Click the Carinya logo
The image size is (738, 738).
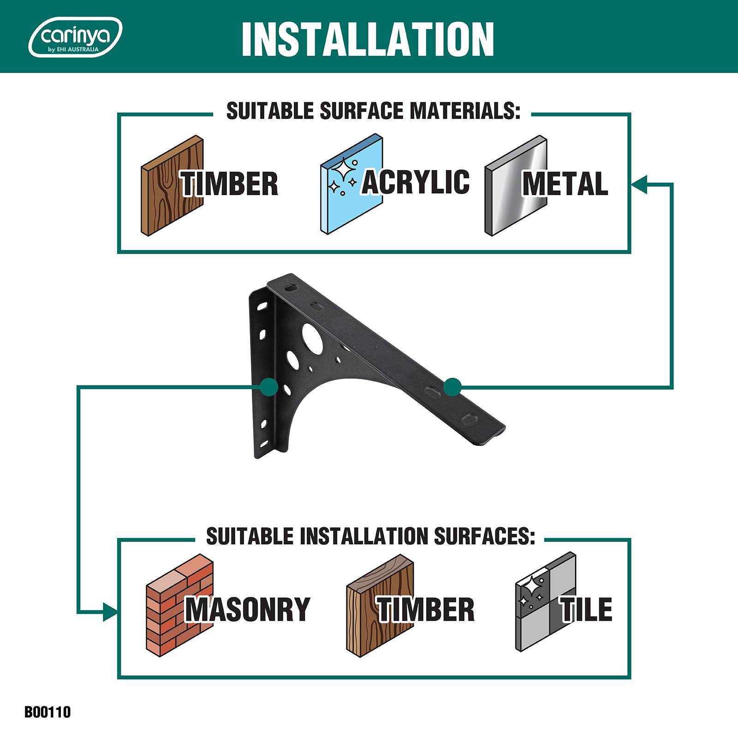(x=75, y=37)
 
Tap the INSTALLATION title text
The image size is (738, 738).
(x=368, y=39)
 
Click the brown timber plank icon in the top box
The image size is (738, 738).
(x=172, y=186)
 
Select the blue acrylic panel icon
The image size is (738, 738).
(x=351, y=185)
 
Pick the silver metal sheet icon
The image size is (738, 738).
(x=516, y=186)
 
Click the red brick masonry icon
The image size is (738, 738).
(x=180, y=605)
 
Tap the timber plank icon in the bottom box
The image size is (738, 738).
(x=380, y=604)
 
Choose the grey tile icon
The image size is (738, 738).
(x=546, y=602)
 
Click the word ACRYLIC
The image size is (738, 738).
(x=416, y=182)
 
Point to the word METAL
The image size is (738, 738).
(x=565, y=184)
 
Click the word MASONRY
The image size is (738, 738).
(x=248, y=609)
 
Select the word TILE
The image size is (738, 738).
(x=586, y=609)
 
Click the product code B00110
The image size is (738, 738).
(x=48, y=712)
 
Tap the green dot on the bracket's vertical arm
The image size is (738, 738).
(x=268, y=387)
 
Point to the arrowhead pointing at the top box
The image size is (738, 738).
(x=639, y=184)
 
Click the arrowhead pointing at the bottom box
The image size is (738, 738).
(x=110, y=612)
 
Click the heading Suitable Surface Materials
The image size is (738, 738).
(x=373, y=111)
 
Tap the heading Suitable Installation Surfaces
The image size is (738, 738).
(x=370, y=536)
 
